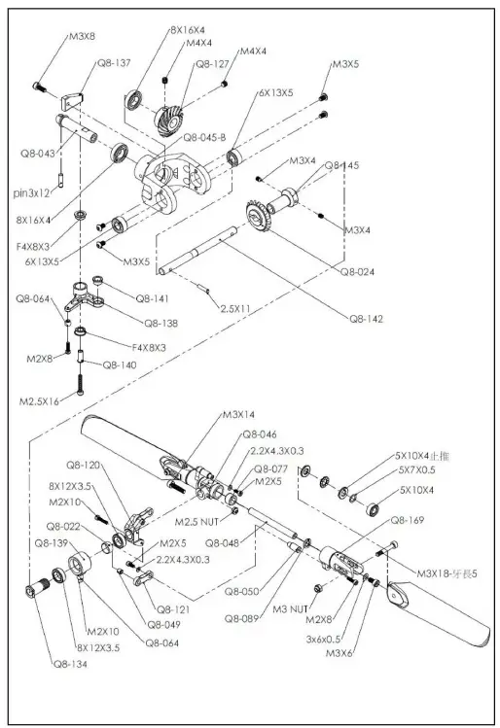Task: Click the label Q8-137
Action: tap(114, 62)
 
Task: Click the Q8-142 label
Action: tap(370, 316)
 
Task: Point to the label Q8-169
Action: tap(408, 521)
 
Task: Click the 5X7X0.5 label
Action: tap(419, 470)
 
